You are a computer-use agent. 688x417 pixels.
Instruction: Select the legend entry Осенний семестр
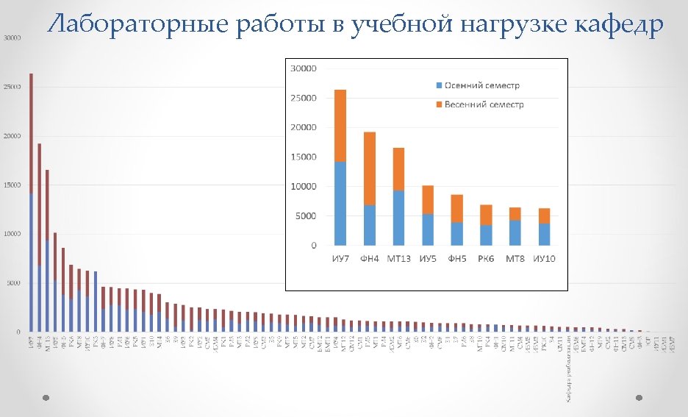click(481, 85)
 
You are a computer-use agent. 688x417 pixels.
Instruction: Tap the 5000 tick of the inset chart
click(306, 215)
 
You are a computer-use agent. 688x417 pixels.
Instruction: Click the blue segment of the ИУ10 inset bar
click(544, 234)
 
